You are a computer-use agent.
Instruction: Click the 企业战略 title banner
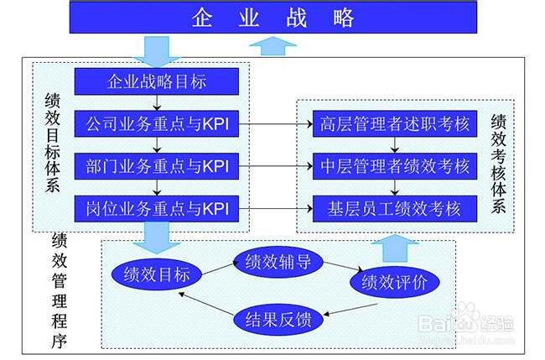[272, 18]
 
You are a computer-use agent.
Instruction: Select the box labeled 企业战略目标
[158, 82]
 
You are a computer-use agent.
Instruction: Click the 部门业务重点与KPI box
[158, 166]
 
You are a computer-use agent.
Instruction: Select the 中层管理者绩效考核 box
[394, 166]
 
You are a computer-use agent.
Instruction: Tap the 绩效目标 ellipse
[156, 275]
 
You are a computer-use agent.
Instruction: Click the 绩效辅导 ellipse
[278, 261]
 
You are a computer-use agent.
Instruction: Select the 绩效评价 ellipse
[393, 283]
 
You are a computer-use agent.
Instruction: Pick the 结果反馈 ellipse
[278, 319]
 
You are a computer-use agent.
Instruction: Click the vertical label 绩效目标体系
[52, 143]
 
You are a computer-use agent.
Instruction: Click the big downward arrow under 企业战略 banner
[156, 49]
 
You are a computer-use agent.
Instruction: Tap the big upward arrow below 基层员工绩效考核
[393, 248]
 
